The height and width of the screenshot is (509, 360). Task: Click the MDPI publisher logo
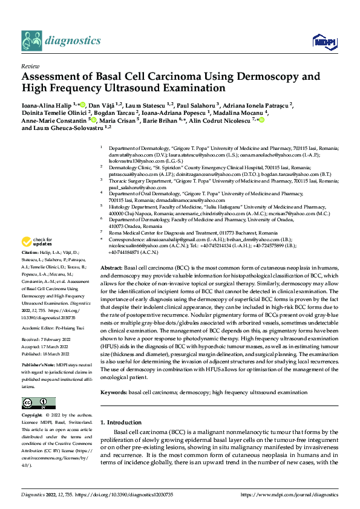coord(323,41)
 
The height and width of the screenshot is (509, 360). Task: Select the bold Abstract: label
coord(111,284)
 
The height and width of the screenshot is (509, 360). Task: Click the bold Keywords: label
coord(113,392)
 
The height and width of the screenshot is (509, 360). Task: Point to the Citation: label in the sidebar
coord(31,268)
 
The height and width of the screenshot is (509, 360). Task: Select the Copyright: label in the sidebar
coord(32,415)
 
